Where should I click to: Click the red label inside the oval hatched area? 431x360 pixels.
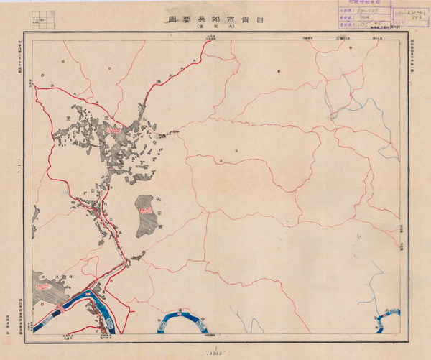147,210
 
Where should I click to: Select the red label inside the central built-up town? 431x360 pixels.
113,131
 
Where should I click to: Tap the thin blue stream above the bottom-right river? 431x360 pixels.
374,287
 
